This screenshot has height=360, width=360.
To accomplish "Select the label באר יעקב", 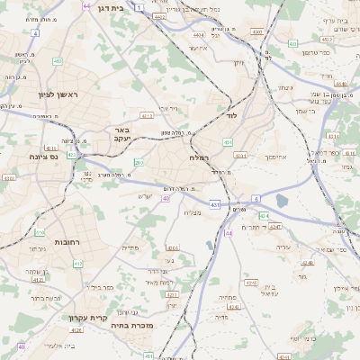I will tap(122, 134).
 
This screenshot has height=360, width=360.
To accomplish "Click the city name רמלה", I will tap(199, 157).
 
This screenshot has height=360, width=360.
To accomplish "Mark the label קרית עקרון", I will tap(86, 317).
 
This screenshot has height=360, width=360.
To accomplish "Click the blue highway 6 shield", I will tap(256, 198).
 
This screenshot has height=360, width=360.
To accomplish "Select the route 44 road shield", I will tap(229, 232).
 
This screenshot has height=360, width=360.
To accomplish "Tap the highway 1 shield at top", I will tap(139, 7).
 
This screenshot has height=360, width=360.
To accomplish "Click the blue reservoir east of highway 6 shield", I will tap(283, 201).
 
